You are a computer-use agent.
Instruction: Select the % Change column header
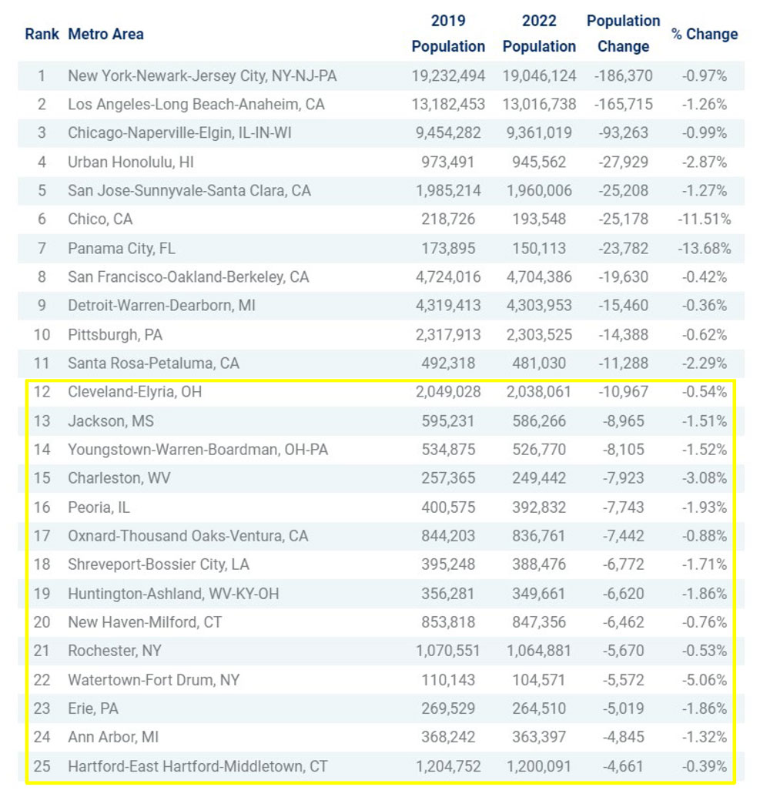point(704,35)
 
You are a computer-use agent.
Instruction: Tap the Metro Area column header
point(105,35)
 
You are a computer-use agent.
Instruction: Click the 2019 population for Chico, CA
point(448,219)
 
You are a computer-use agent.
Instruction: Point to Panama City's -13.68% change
point(704,248)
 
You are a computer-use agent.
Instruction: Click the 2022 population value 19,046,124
point(538,75)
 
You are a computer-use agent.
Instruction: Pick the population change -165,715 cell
point(623,104)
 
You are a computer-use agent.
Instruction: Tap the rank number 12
point(42,392)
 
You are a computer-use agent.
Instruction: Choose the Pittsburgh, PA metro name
point(115,335)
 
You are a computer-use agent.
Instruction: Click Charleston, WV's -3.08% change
point(704,478)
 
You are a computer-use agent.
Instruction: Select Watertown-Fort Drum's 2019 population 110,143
point(448,680)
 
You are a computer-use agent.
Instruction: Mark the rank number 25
point(42,767)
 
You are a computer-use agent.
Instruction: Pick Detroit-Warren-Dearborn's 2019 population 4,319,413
point(448,306)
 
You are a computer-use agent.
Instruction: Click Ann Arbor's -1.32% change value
point(704,737)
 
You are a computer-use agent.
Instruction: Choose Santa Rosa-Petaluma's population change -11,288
point(624,363)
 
